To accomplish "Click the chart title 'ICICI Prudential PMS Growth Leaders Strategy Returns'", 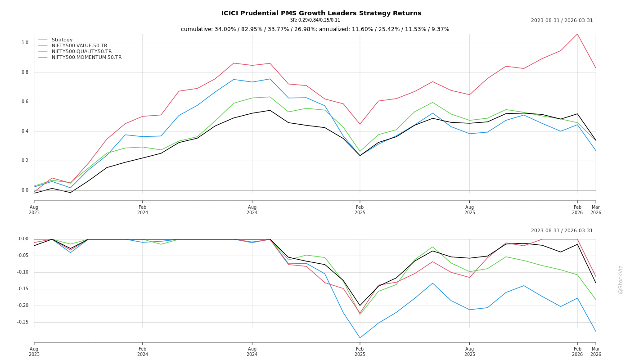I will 321,13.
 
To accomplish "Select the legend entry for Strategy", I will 62,40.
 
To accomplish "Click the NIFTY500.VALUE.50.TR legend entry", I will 79,46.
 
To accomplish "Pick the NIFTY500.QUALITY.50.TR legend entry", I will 81,52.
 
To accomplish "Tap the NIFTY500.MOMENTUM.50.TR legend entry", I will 86,58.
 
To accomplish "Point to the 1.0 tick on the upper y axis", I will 25,43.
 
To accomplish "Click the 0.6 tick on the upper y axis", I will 25,102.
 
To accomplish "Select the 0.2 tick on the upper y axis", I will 25,161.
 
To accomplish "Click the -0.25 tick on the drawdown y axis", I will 23,322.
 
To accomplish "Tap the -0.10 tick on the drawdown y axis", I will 23,272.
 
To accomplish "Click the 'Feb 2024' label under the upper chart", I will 143,210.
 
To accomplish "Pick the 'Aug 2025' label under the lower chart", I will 470,351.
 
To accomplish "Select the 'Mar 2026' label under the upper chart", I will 596,210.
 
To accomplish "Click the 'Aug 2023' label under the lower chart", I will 34,351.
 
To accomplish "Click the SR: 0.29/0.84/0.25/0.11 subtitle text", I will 315,20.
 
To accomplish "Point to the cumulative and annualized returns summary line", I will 315,29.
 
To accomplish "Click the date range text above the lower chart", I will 562,231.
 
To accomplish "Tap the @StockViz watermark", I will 621,279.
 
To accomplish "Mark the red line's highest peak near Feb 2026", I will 577,34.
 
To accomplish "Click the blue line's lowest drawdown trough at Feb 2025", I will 360,337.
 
